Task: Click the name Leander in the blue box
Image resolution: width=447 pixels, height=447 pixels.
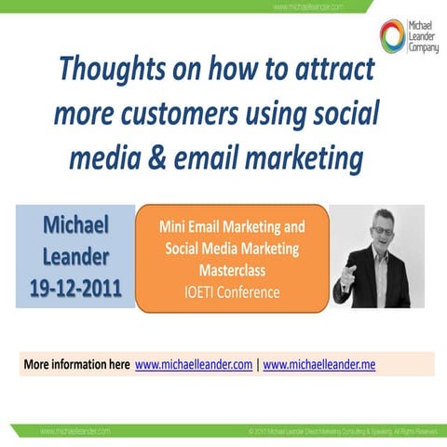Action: tap(74, 255)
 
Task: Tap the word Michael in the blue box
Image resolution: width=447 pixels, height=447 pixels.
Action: tap(74, 224)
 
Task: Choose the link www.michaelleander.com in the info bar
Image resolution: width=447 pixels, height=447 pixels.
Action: tap(194, 365)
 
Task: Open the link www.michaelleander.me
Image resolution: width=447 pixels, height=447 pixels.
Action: tap(319, 365)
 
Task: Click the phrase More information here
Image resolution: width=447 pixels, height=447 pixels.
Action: tap(76, 365)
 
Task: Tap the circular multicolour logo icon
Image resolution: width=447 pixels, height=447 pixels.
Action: tap(393, 34)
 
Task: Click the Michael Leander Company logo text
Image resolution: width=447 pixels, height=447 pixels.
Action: tap(424, 35)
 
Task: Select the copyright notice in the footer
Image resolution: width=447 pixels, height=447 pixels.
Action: tap(342, 432)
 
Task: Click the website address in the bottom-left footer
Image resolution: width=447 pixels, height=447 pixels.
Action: tap(74, 432)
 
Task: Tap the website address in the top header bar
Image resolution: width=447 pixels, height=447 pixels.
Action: tap(309, 7)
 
